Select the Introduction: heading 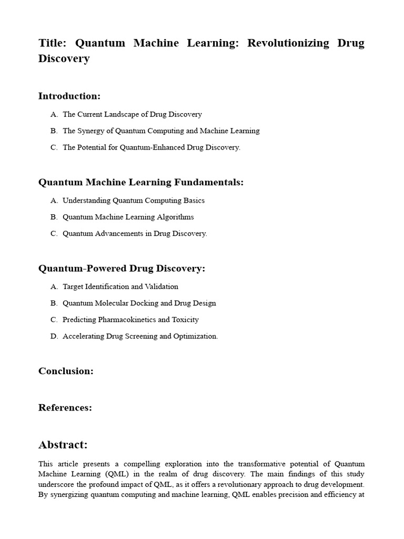(69, 96)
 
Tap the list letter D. (54, 336)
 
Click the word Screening (138, 336)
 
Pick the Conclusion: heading (66, 371)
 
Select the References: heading (65, 407)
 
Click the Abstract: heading (63, 445)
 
